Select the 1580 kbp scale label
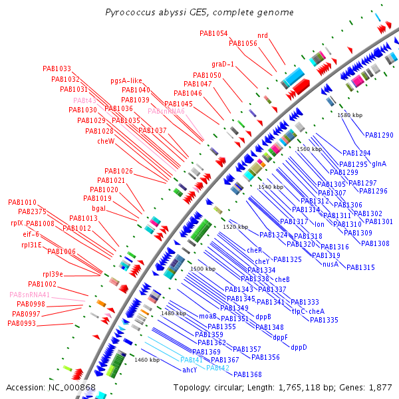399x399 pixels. [350, 115]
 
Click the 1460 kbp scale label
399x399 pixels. [147, 360]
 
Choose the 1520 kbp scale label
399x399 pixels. [235, 227]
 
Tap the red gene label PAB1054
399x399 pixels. [213, 33]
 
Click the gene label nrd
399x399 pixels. [263, 35]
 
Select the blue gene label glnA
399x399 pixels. [379, 164]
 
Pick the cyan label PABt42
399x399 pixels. [217, 368]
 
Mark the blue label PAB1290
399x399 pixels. [379, 135]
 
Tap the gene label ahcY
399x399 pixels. [190, 370]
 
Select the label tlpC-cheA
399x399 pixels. [308, 311]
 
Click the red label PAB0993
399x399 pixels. [22, 323]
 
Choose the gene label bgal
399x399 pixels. [99, 208]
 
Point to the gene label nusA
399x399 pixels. [331, 264]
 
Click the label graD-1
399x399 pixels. [223, 64]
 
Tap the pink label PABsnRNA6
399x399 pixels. [166, 111]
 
